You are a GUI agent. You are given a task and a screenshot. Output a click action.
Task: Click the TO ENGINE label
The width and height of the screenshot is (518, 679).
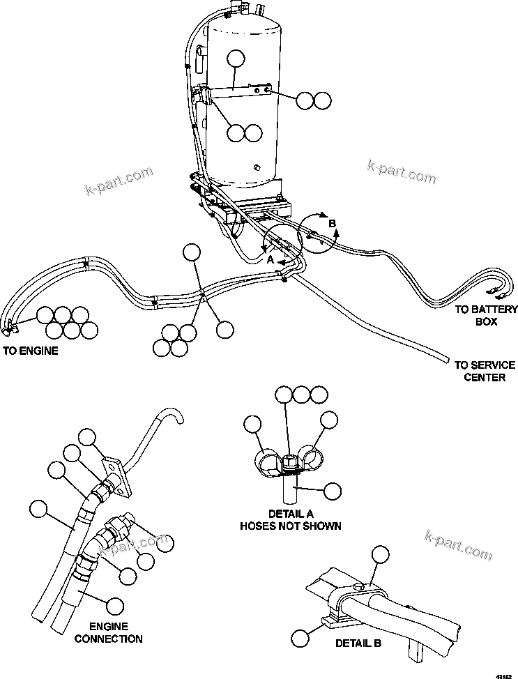(30, 351)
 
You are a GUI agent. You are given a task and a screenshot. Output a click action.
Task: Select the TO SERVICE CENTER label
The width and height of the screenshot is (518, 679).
(485, 371)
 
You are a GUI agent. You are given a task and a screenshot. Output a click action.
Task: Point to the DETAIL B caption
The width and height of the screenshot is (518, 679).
(358, 643)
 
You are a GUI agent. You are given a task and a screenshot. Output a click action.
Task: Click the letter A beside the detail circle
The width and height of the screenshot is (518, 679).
(270, 258)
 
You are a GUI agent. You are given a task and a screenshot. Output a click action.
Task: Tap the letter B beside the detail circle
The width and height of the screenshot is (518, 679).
(332, 223)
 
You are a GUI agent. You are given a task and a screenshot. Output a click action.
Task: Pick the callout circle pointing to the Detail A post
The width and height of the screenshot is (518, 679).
(333, 491)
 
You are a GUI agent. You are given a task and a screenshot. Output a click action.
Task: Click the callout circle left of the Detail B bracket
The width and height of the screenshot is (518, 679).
(300, 637)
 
